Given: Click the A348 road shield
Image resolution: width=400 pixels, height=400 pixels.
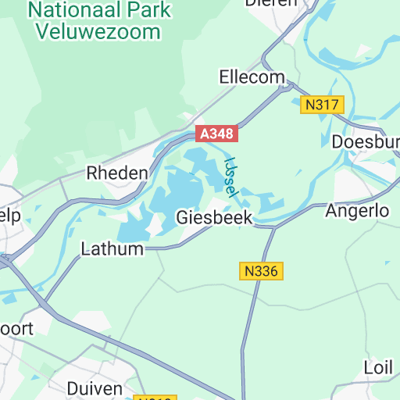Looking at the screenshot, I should pos(216,134).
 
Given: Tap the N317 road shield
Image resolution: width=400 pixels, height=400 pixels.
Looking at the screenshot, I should pos(322,105).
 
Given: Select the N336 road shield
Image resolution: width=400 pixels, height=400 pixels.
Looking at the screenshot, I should pos(261,271).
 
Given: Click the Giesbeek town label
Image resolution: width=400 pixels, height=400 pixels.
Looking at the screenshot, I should pos(214,217).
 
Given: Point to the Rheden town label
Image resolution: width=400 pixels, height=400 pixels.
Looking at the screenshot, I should pos(117,173).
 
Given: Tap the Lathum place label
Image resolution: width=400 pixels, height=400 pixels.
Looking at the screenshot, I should pos(112,249).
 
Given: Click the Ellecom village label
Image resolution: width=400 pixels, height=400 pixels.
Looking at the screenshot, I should pos(253,77).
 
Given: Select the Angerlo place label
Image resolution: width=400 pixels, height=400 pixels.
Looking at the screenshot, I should pos(357,211).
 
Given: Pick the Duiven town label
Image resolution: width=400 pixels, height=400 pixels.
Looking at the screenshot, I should pos(95,388).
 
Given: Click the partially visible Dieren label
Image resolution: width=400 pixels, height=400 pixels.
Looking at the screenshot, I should pos(271,3).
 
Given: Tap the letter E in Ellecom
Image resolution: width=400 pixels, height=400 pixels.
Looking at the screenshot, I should pos(225,77).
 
